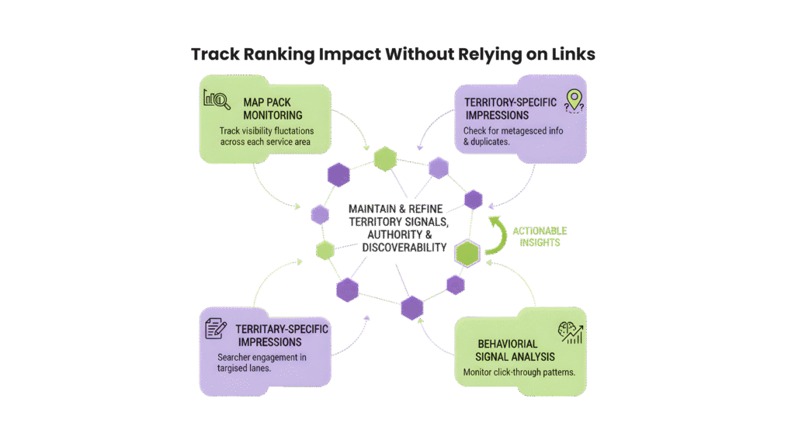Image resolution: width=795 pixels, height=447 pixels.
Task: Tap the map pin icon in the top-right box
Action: click(x=574, y=99)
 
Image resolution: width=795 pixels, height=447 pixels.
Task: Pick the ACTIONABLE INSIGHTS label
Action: click(x=540, y=237)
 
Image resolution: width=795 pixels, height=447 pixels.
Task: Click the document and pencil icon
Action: click(x=215, y=328)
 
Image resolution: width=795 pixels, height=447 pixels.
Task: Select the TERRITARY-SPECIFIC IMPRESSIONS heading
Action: click(x=281, y=335)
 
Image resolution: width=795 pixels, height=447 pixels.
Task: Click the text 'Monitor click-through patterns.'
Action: click(x=519, y=372)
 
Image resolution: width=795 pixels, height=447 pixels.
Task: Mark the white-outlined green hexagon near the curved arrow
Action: click(x=467, y=253)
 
